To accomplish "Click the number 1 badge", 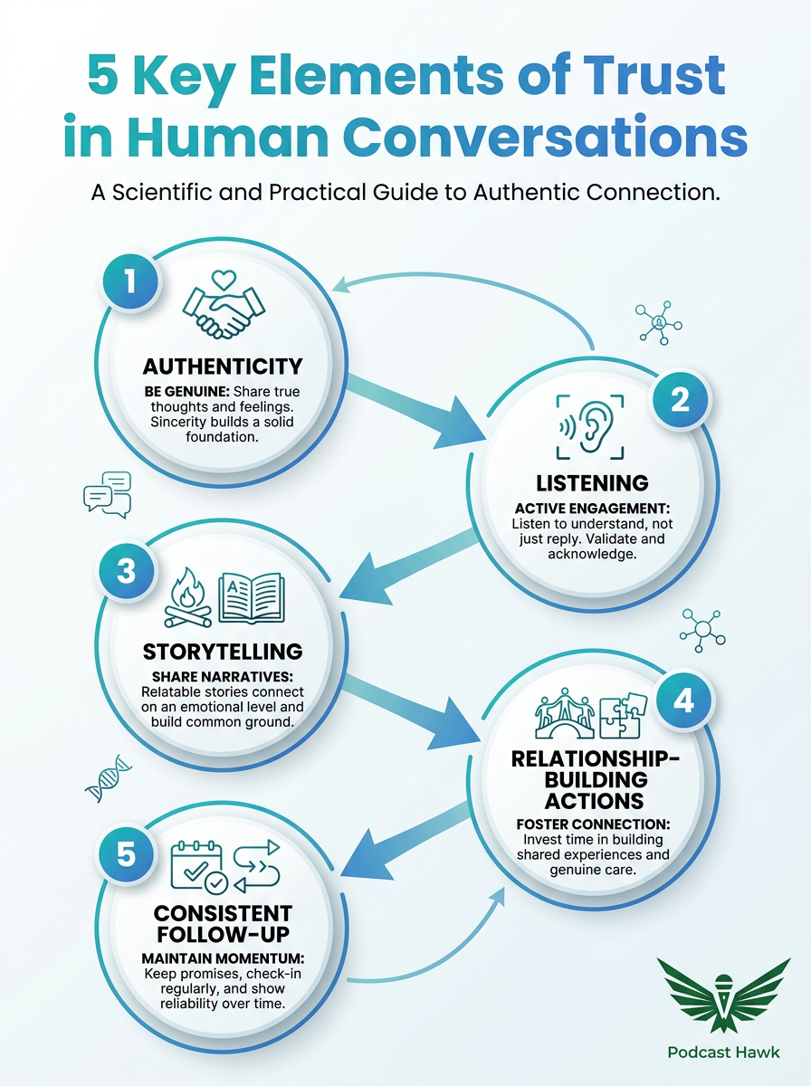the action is (x=130, y=281).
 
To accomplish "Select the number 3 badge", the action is (x=126, y=570).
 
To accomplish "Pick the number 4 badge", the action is (x=684, y=700).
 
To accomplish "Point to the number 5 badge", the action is (x=126, y=854).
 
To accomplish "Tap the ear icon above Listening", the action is (x=590, y=426).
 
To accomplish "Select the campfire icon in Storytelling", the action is (x=187, y=597).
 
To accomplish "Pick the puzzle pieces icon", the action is (x=623, y=715).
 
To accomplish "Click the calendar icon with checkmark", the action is (x=199, y=866).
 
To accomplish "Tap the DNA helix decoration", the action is (x=109, y=778).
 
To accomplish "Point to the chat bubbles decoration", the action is (x=108, y=495).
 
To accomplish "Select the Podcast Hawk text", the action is (x=723, y=1052).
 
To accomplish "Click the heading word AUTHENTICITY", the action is (x=223, y=367).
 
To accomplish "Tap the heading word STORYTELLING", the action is (x=223, y=652).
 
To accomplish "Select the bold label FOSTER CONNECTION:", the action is (x=593, y=824).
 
